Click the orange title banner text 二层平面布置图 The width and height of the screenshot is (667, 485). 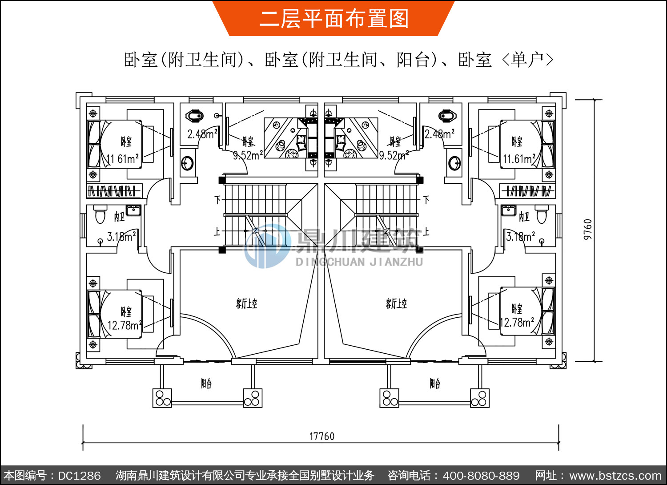pos(333,19)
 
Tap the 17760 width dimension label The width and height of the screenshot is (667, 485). pos(321,436)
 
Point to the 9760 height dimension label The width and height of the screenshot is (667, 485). pos(588,229)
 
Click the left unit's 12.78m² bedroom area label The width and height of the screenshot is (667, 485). pos(124,325)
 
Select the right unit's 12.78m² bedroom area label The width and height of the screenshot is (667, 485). pos(517,322)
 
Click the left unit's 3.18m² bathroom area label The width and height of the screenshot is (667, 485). pos(121,236)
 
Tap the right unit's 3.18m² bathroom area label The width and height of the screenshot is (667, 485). pos(520,236)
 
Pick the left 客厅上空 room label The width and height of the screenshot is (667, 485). pos(246,304)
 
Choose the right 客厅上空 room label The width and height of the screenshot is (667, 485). pos(396,304)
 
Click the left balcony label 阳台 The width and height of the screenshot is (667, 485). pos(206,383)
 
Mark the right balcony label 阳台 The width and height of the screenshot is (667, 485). pos(435,383)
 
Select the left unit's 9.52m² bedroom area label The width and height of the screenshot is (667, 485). pos(248,155)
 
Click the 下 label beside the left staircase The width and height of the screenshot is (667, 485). pos(217,199)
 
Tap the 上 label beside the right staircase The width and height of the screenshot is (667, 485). pos(426,231)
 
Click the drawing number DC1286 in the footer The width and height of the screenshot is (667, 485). pos(79,476)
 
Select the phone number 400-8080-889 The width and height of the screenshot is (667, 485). pos(481,476)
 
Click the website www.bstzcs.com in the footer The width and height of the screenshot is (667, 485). pos(615,476)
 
